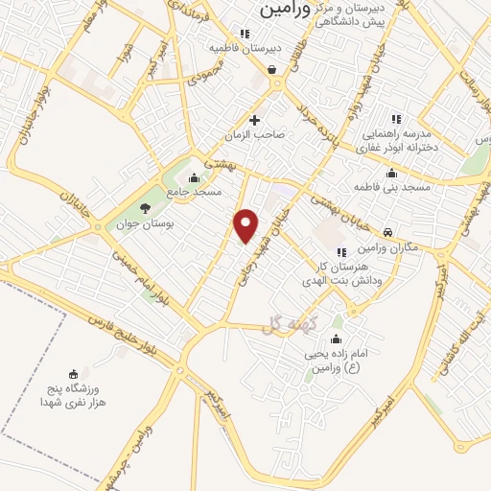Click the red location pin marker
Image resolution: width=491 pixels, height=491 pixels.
point(246,225)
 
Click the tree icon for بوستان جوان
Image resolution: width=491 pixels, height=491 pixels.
point(146,206)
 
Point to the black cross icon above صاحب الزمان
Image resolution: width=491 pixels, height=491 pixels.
point(254,120)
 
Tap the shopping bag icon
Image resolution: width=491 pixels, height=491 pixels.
point(274,68)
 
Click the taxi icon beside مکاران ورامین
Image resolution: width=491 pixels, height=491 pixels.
point(386,233)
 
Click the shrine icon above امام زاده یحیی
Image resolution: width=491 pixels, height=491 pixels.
point(336,339)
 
